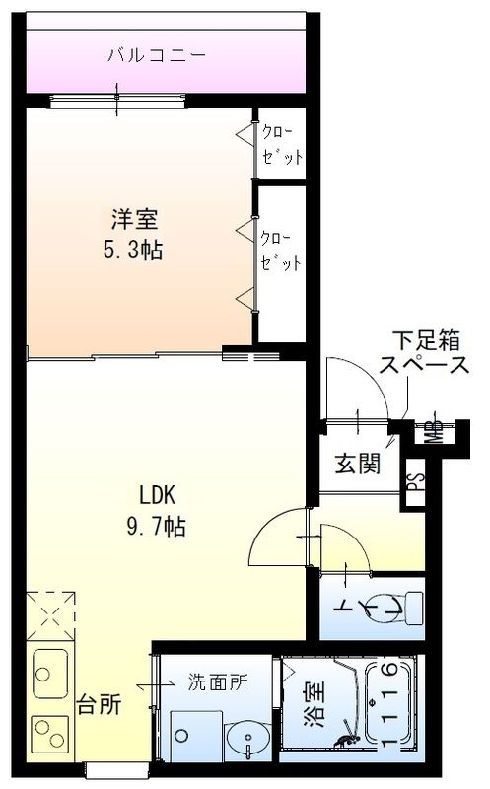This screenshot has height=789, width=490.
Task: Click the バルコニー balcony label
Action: click(157, 55)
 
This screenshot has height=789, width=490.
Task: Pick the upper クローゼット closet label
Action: click(281, 144)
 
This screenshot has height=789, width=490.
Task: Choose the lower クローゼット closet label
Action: click(281, 251)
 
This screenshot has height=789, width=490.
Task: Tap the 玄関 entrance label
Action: click(357, 464)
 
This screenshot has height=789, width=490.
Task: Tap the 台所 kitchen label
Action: click(100, 705)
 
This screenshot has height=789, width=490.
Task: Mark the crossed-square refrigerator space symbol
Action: click(50, 614)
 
